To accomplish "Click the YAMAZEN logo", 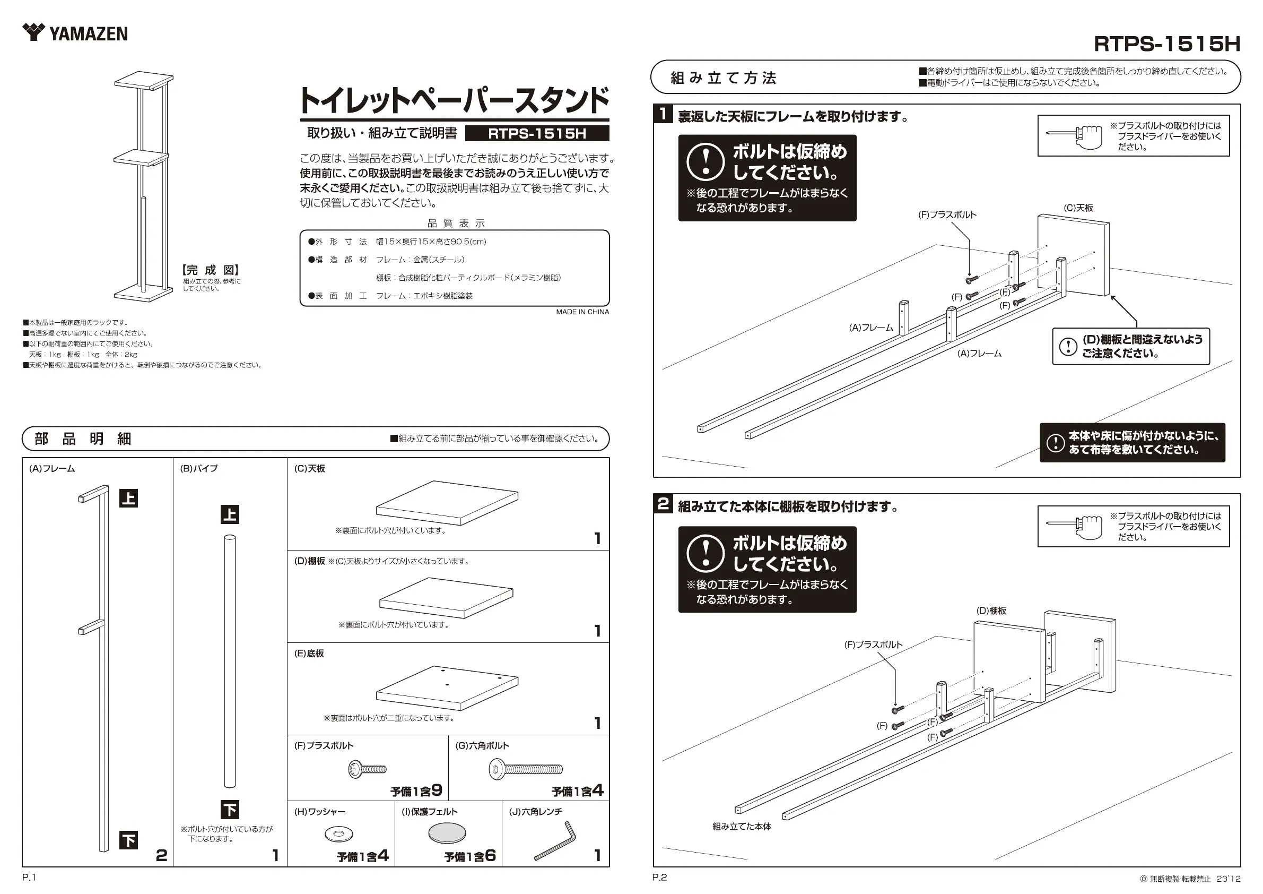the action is click(75, 33).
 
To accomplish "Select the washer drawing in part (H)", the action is click(339, 835).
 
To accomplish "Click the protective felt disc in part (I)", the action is click(447, 832).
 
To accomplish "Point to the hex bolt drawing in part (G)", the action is click(526, 769).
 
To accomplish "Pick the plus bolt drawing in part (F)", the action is click(368, 769).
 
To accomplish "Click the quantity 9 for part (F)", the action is click(437, 790).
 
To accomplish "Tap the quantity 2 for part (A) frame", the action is click(161, 855).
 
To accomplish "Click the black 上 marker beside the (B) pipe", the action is click(230, 515).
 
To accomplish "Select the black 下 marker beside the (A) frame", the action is click(129, 840).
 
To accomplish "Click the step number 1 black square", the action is click(664, 114).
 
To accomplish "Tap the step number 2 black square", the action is click(664, 504).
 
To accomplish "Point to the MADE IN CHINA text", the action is click(582, 312).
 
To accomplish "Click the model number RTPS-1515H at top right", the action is click(1167, 44).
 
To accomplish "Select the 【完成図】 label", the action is click(211, 270).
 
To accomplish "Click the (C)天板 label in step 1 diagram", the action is click(1078, 208).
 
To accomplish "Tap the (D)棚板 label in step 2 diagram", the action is click(991, 611).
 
